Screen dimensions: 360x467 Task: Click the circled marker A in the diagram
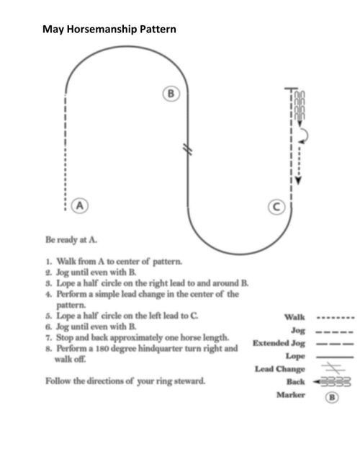(80, 205)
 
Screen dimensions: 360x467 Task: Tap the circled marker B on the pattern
(171, 94)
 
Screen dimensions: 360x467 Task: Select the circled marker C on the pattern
(276, 207)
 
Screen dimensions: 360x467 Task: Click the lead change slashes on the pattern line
(187, 149)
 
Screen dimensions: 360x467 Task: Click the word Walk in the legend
(294, 317)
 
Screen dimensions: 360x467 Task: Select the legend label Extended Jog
(279, 343)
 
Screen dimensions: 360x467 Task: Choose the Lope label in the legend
(295, 356)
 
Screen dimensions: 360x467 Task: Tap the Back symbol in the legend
(332, 381)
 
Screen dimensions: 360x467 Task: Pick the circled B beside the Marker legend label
(332, 397)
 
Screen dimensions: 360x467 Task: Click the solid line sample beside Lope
(335, 357)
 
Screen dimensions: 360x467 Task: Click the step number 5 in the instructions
(48, 316)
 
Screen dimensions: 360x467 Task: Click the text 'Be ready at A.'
(71, 239)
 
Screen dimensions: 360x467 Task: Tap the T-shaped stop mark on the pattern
(291, 89)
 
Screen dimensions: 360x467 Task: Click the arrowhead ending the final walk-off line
(298, 180)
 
